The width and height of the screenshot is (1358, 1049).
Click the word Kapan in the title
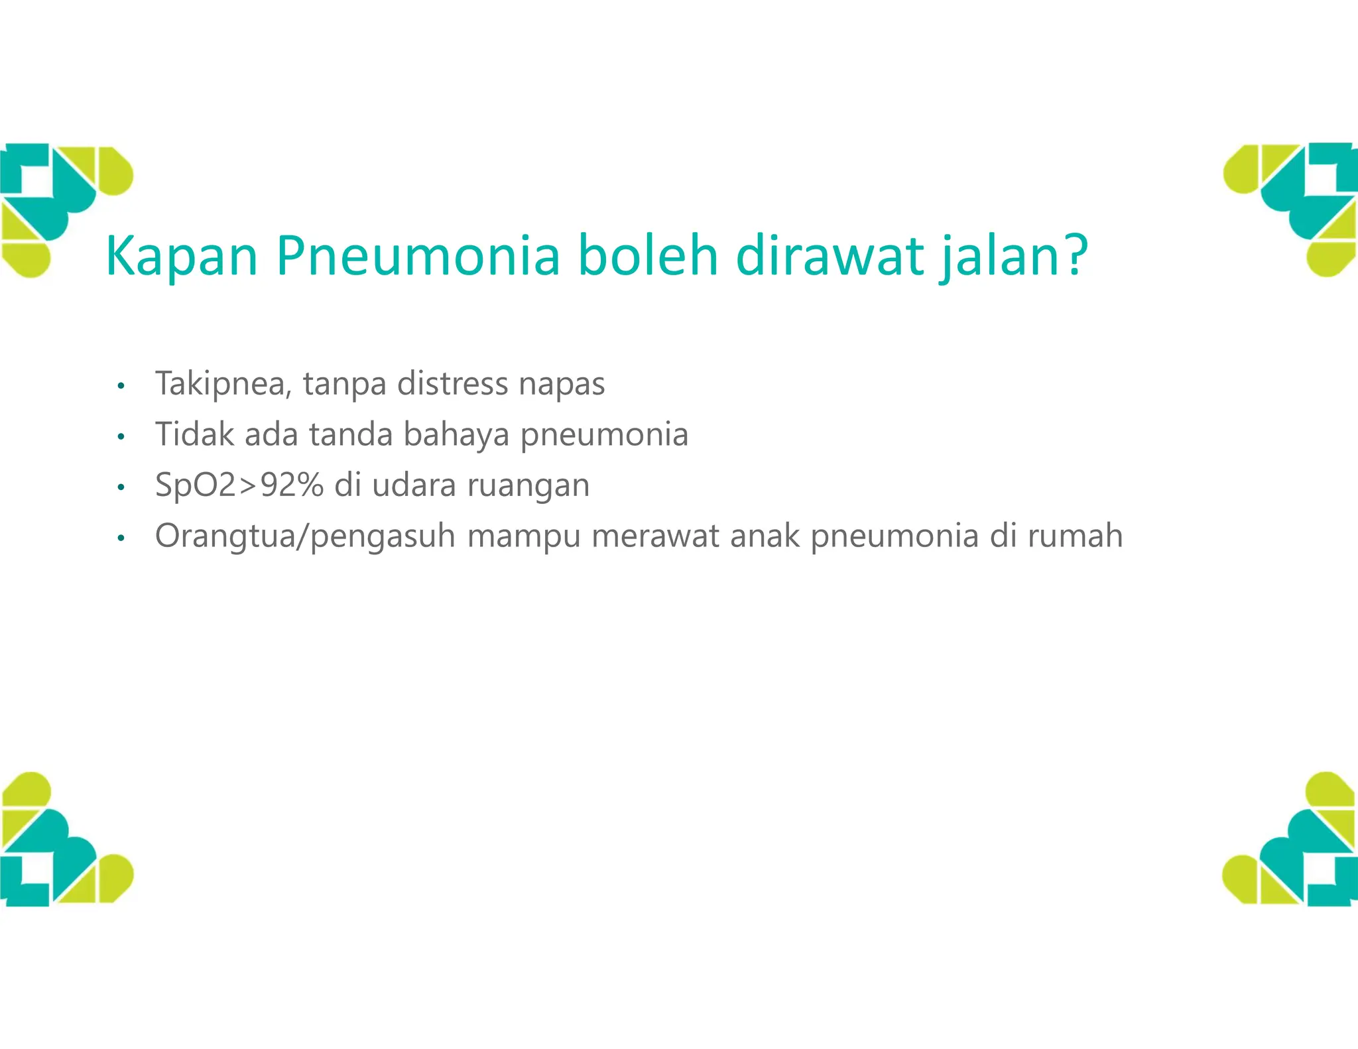181,256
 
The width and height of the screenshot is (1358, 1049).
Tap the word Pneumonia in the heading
418,256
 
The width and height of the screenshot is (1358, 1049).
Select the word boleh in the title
648,256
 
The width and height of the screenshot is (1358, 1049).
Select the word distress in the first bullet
452,384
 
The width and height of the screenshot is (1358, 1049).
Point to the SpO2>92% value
239,485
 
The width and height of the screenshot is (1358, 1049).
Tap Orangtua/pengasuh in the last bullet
305,536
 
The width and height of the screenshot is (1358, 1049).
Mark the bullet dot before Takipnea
120,386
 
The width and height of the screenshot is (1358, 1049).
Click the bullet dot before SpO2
120,488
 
